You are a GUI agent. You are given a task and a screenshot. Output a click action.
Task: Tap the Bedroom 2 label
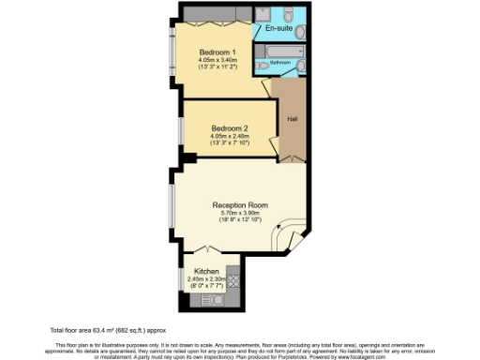click(229, 127)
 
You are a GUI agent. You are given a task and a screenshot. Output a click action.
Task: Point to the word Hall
click(292, 119)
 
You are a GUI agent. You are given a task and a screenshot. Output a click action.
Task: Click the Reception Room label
click(240, 204)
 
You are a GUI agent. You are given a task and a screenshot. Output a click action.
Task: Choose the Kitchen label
click(206, 271)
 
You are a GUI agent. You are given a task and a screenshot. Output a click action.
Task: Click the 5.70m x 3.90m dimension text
click(240, 213)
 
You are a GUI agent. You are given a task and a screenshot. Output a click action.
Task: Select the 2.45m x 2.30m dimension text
click(206, 278)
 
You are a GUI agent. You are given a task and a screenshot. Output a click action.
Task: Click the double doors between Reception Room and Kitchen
click(208, 250)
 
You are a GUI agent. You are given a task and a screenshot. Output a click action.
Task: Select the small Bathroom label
click(280, 62)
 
